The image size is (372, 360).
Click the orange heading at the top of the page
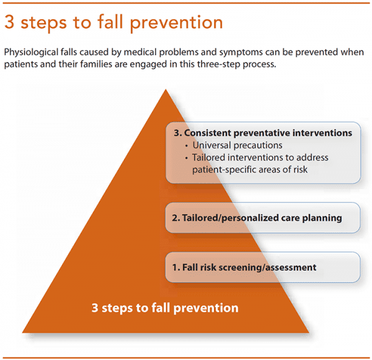tap(113, 23)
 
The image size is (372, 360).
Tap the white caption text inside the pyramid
tap(165, 307)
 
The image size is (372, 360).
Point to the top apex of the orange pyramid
tap(165, 90)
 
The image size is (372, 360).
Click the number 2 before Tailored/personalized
tap(175, 218)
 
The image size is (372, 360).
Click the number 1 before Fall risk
tap(175, 268)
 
